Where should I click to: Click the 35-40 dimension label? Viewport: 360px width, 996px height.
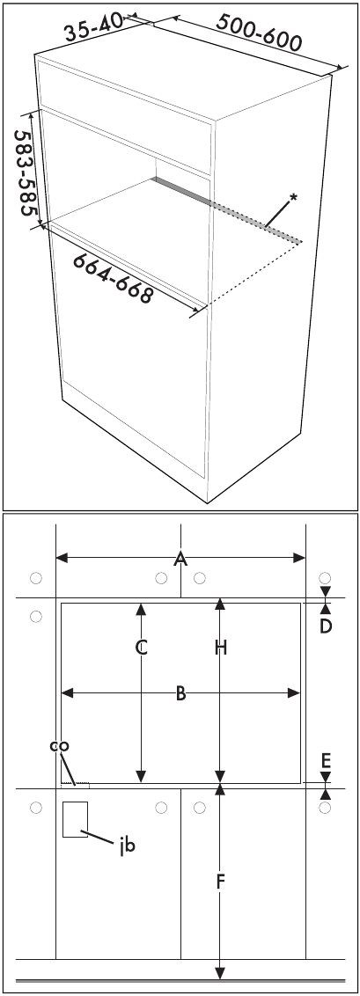pos(94,26)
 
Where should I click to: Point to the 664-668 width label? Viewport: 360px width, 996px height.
pos(112,278)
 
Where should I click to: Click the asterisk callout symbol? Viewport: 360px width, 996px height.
pos(293,198)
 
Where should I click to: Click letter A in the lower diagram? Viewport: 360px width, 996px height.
pos(181,559)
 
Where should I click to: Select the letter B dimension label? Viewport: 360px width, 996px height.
pos(181,693)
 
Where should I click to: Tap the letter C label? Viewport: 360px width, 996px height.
pos(142,648)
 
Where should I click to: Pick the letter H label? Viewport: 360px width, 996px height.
pos(220,648)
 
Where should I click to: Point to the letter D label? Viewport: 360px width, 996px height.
pos(326,626)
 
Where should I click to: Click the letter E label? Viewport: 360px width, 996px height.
pos(326,759)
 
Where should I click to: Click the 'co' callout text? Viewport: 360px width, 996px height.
pos(60,746)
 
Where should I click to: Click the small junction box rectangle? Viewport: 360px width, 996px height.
pos(75,819)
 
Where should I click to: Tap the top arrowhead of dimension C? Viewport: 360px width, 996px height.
pos(141,609)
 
